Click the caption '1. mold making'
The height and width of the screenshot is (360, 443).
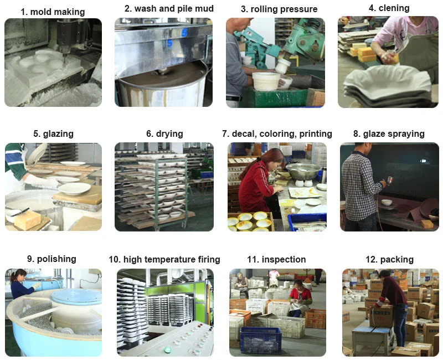tap(53, 12)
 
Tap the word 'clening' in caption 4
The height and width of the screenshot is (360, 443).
tap(394, 8)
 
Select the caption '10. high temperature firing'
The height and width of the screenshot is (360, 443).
tap(164, 259)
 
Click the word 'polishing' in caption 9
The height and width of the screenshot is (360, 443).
tap(56, 259)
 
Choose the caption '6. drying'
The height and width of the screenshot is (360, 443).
tap(164, 133)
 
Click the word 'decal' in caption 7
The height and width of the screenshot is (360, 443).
tap(243, 133)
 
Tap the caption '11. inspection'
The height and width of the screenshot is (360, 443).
tap(276, 259)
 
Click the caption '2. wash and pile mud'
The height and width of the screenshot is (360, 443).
tap(169, 8)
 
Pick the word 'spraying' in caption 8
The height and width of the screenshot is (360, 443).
tap(405, 133)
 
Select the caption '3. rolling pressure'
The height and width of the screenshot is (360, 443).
tap(279, 9)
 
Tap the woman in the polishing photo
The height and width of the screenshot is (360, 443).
tap(19, 284)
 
